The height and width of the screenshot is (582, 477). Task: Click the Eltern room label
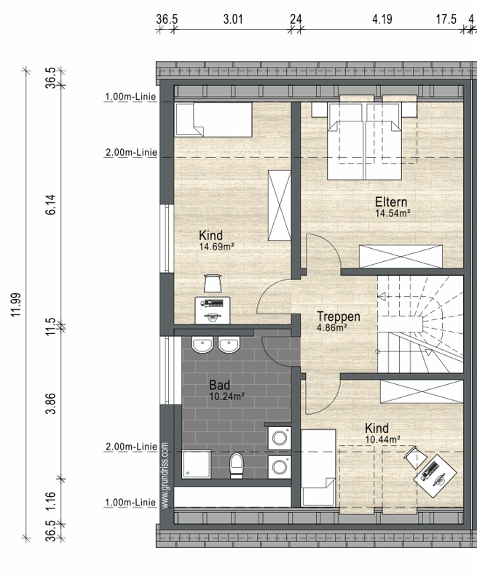[391, 202]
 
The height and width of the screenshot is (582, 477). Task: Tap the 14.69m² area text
[216, 247]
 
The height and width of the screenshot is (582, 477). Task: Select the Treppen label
[339, 316]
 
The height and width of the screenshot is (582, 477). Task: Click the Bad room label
[219, 385]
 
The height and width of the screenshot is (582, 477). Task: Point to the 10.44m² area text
[382, 440]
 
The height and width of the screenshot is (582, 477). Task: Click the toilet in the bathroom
[236, 465]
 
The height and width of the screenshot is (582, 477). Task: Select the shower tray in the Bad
[197, 464]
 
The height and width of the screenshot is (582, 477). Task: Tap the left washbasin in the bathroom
[202, 345]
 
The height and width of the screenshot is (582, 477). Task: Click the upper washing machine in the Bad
[280, 438]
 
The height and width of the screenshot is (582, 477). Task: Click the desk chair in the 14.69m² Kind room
[212, 283]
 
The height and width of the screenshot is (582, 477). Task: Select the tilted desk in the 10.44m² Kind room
[435, 476]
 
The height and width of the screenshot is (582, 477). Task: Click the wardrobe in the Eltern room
[401, 256]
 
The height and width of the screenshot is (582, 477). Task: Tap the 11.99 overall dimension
[15, 304]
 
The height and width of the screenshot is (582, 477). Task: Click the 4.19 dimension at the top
[382, 19]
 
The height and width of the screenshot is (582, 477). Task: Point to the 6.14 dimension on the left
[51, 204]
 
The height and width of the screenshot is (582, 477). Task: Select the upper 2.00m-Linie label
[131, 152]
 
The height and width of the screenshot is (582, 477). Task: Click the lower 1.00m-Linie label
[130, 502]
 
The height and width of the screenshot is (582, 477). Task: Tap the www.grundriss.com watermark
[166, 476]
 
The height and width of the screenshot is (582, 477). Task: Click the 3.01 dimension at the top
[233, 19]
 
